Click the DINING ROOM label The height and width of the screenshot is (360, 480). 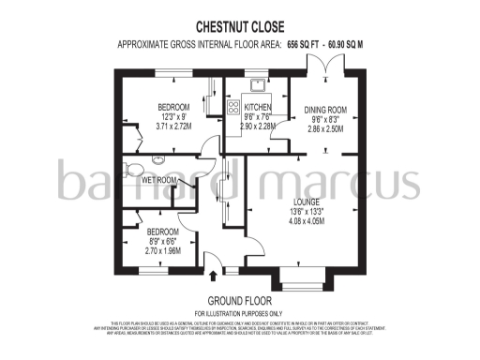pos(323,111)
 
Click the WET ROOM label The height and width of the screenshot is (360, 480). pos(159,180)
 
